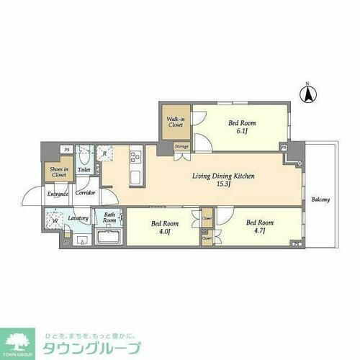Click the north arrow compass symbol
307,94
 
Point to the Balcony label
321,199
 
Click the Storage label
181,147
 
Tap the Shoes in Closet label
58,171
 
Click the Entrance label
58,194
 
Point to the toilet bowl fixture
84,155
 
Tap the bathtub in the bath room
108,238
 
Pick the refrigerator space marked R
105,153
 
